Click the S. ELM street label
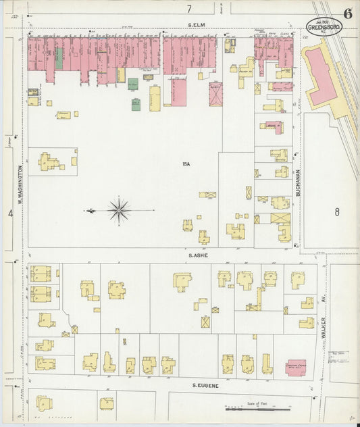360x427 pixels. (x=197, y=25)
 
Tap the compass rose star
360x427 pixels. (x=119, y=210)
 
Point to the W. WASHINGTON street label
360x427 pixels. (x=20, y=182)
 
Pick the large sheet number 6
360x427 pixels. (x=347, y=13)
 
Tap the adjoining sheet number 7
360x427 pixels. (x=190, y=9)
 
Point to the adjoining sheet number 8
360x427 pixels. (x=336, y=212)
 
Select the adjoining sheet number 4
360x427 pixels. (x=9, y=214)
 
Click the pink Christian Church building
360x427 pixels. (x=296, y=367)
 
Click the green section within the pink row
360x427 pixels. (x=59, y=58)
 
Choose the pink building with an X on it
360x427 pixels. (x=215, y=94)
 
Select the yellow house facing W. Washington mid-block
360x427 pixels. (x=49, y=161)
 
